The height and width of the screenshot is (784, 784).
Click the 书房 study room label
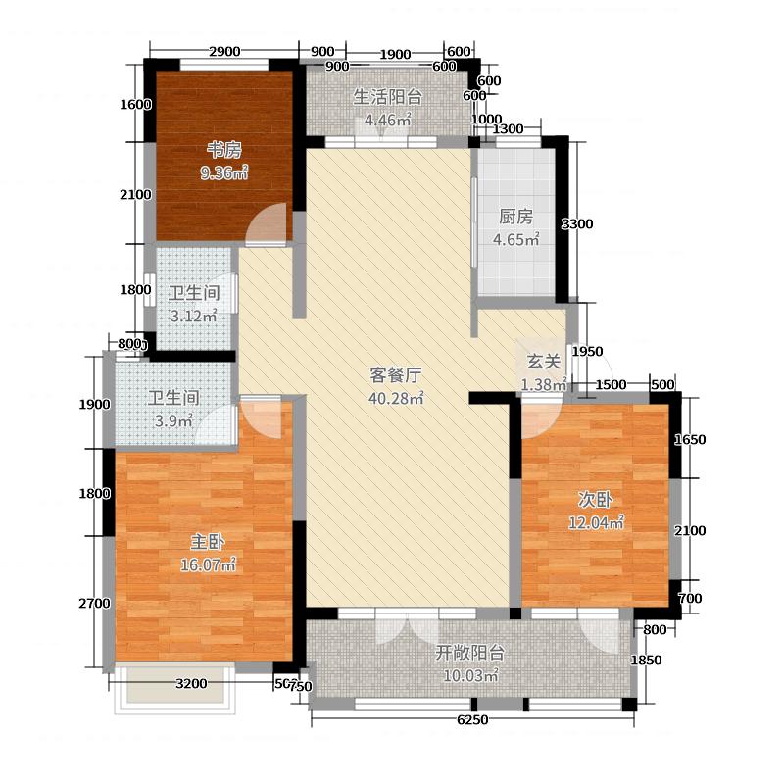[x=223, y=150]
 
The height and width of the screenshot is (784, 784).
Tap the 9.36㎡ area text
[x=223, y=173]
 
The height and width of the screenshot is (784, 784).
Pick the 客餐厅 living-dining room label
[x=396, y=374]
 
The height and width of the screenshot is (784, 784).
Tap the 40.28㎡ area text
[x=396, y=398]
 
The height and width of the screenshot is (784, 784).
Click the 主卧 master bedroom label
[x=204, y=541]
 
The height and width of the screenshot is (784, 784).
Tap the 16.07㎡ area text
[x=204, y=565]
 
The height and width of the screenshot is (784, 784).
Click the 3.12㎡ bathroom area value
[x=193, y=316]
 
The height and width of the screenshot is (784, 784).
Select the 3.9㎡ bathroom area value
[x=173, y=421]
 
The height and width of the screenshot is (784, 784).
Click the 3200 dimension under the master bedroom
[x=192, y=684]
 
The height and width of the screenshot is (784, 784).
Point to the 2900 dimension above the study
[x=224, y=52]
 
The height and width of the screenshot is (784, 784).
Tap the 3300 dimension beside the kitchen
[x=577, y=224]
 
